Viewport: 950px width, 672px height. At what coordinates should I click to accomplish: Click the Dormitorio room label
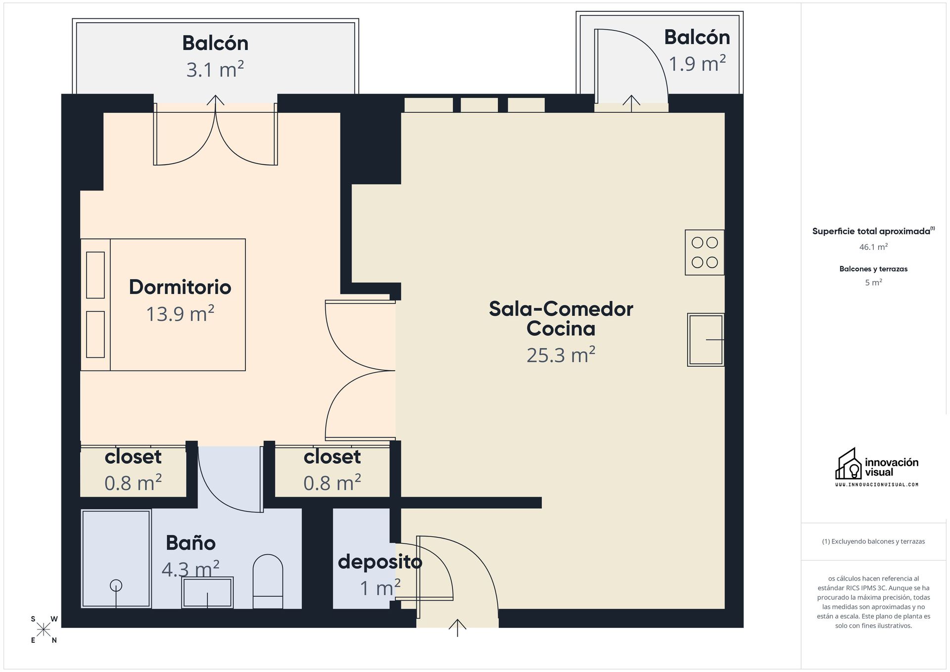pos(180,287)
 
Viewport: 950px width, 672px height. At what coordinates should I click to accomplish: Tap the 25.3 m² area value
pos(561,355)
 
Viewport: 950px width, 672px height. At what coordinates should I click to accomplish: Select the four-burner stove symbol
pos(705,252)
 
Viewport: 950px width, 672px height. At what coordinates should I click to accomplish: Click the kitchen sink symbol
pos(706,339)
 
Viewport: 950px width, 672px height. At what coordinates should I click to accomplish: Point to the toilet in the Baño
pos(268,581)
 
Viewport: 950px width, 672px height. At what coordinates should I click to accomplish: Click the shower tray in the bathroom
pos(116,558)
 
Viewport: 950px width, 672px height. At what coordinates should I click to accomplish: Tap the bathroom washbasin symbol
pos(207,592)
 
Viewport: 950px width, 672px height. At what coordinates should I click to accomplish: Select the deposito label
pos(380,562)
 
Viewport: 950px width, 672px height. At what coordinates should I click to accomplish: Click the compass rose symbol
pos(44,629)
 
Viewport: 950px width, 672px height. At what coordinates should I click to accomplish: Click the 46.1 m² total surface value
pos(873,246)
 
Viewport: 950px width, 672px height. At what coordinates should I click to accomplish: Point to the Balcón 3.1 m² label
pos(215,43)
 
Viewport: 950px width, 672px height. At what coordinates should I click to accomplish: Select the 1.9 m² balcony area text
pos(697,64)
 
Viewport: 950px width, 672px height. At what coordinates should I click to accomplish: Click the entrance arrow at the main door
pos(458,627)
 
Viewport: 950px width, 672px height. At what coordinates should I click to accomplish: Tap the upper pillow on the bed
pos(95,275)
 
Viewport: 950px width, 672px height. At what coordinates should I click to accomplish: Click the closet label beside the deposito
pos(332,457)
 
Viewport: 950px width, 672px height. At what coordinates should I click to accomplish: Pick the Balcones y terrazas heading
pos(873,269)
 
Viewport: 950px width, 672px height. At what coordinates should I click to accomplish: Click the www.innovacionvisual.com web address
pos(876,484)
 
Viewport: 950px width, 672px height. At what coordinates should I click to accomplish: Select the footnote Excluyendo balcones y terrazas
pos(873,541)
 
